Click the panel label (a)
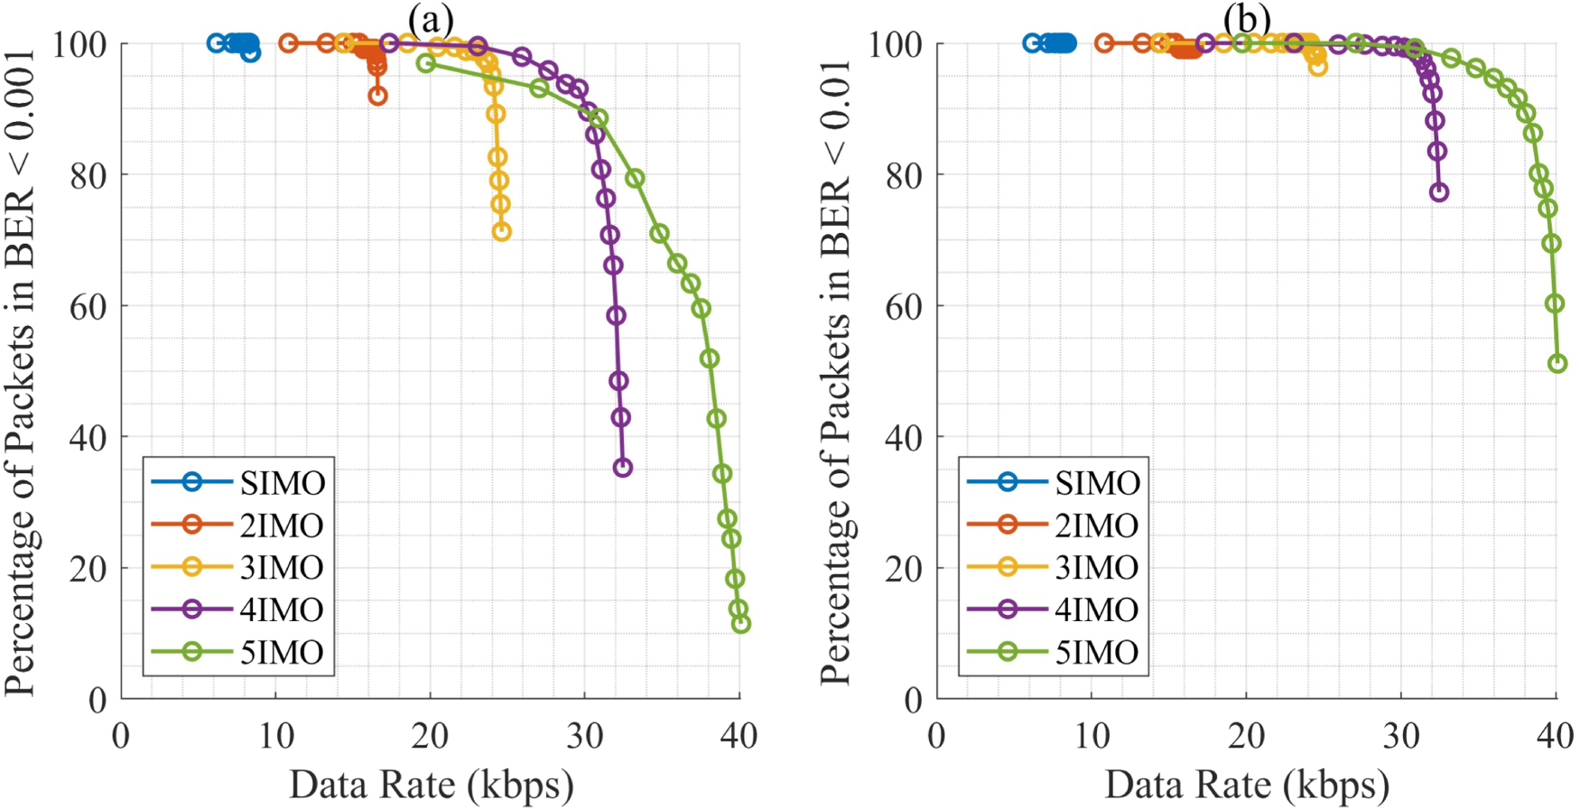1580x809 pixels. (x=431, y=17)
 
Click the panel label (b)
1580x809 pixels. (x=1247, y=17)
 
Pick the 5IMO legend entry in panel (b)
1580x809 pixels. (x=1054, y=652)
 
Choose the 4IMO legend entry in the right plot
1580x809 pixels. (x=1054, y=609)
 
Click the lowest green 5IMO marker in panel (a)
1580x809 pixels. (x=741, y=623)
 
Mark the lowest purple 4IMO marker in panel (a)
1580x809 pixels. (x=622, y=468)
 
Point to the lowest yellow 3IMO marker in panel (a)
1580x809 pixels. (x=502, y=232)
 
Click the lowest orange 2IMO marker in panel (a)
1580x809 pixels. (x=377, y=96)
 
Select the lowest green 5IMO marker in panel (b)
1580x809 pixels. (x=1557, y=364)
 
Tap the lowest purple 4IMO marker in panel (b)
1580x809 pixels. (x=1439, y=192)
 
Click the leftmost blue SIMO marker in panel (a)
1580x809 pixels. (x=216, y=43)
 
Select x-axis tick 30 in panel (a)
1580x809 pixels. (x=585, y=736)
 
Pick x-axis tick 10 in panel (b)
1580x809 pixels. (x=1092, y=736)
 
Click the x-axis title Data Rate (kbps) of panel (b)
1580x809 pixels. (x=1247, y=784)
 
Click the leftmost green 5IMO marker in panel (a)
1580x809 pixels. (x=426, y=63)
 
